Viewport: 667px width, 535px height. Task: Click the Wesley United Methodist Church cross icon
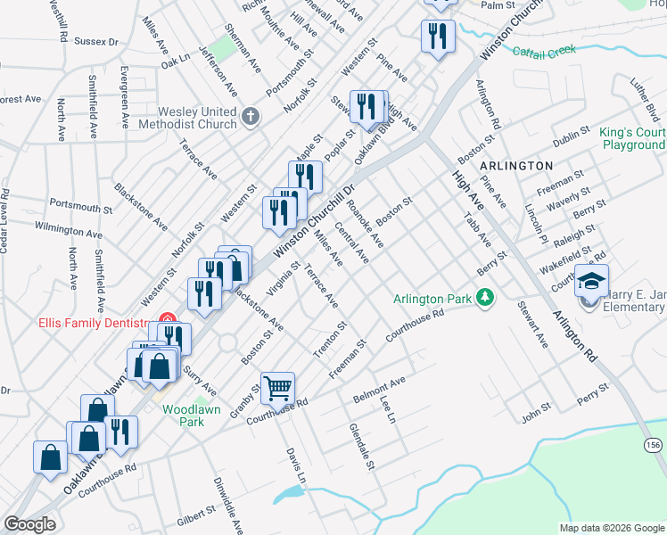tap(251, 115)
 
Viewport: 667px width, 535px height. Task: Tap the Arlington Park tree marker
tap(485, 297)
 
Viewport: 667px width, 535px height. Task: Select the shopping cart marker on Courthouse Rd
tap(278, 387)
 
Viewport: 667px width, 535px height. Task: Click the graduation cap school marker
tap(591, 282)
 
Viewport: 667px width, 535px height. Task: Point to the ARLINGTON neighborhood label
tap(516, 167)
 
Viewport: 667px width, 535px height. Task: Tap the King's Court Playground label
tap(633, 138)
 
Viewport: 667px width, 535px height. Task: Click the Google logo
tap(29, 524)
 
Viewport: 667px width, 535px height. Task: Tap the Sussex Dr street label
tap(96, 42)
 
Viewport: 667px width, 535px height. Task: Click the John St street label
tap(537, 415)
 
